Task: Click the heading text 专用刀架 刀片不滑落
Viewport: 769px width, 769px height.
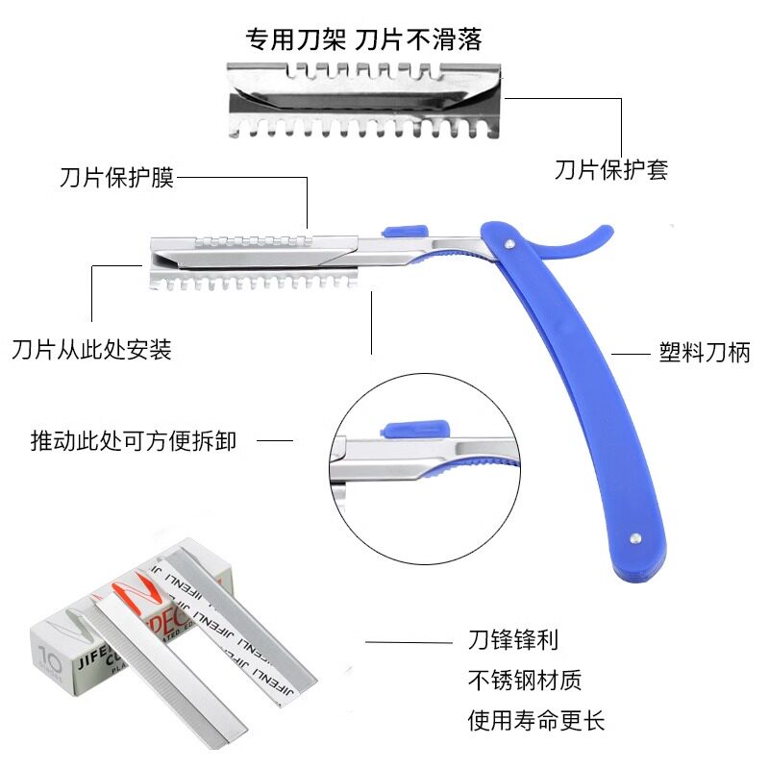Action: point(363,39)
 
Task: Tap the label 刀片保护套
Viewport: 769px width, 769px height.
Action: point(610,170)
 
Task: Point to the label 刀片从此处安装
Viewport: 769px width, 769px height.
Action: point(91,349)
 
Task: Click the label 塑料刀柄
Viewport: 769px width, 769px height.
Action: point(706,353)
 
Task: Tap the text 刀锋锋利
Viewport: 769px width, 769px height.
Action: point(513,640)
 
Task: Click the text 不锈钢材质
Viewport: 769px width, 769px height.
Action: point(525,681)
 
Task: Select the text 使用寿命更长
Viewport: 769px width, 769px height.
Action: point(536,720)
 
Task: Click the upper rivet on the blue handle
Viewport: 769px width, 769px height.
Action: point(508,250)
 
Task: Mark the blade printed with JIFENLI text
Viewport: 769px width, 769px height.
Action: point(245,625)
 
